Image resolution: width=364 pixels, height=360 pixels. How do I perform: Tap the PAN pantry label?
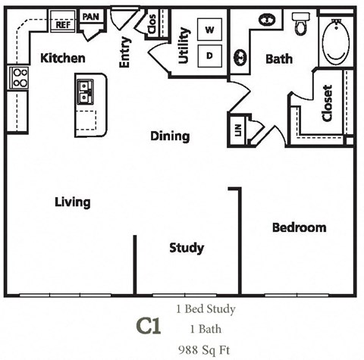point(90,17)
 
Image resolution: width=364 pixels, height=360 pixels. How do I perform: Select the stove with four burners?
point(18,77)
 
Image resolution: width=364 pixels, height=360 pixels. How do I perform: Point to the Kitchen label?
point(62,58)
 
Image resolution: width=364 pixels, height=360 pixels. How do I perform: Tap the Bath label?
point(278,59)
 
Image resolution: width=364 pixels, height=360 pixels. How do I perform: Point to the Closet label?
point(327,104)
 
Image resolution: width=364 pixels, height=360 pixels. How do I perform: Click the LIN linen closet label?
point(238,130)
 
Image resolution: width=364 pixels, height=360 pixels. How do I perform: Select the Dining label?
point(169,136)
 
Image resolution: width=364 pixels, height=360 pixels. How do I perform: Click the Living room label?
point(73,202)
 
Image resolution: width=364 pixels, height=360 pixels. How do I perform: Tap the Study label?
point(187,248)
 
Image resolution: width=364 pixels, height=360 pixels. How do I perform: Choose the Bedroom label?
point(299,227)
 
